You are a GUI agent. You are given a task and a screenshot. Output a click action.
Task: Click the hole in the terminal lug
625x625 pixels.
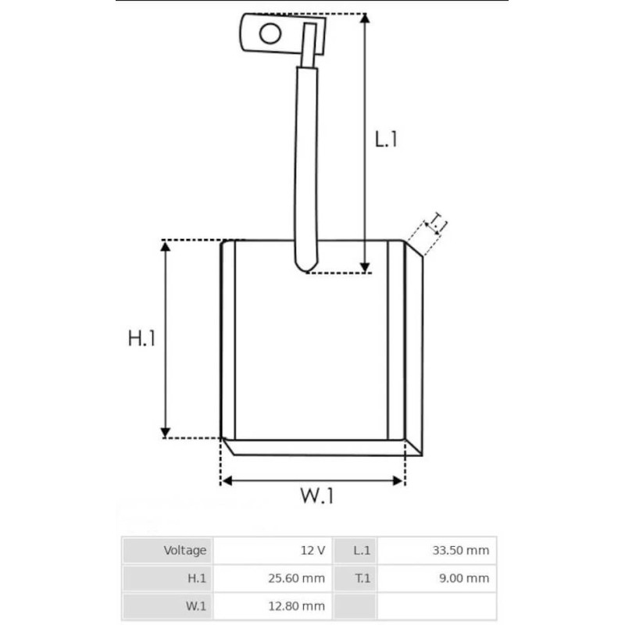(270, 34)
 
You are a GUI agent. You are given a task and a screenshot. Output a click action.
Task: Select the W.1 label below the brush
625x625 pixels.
(316, 495)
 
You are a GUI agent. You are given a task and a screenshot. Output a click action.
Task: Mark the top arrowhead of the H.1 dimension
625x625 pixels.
(165, 247)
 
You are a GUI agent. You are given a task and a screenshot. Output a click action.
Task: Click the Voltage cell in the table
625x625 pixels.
(185, 550)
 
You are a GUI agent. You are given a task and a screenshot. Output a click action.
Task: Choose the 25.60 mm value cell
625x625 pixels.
(300, 578)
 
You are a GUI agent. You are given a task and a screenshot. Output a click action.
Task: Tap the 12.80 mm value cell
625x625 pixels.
(300, 606)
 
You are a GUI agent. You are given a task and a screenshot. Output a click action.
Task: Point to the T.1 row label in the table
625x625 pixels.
(362, 578)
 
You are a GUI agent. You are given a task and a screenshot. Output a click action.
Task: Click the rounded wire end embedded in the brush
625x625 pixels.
(305, 264)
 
